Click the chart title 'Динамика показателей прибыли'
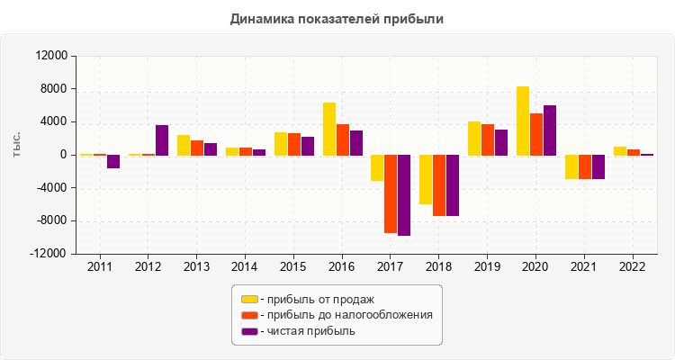[x=337, y=19]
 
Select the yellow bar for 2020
[x=523, y=121]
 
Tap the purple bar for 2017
[x=404, y=195]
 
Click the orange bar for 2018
[x=439, y=185]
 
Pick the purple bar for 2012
[x=162, y=140]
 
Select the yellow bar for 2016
[x=329, y=129]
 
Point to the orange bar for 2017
[x=391, y=194]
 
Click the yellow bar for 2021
[x=571, y=167]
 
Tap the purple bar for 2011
[x=113, y=162]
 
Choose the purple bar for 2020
[x=550, y=130]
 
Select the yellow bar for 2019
[x=474, y=139]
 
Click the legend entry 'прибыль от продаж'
[x=316, y=299]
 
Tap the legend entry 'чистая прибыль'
[x=307, y=331]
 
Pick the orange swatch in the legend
[x=248, y=315]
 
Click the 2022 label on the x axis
[x=632, y=266]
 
